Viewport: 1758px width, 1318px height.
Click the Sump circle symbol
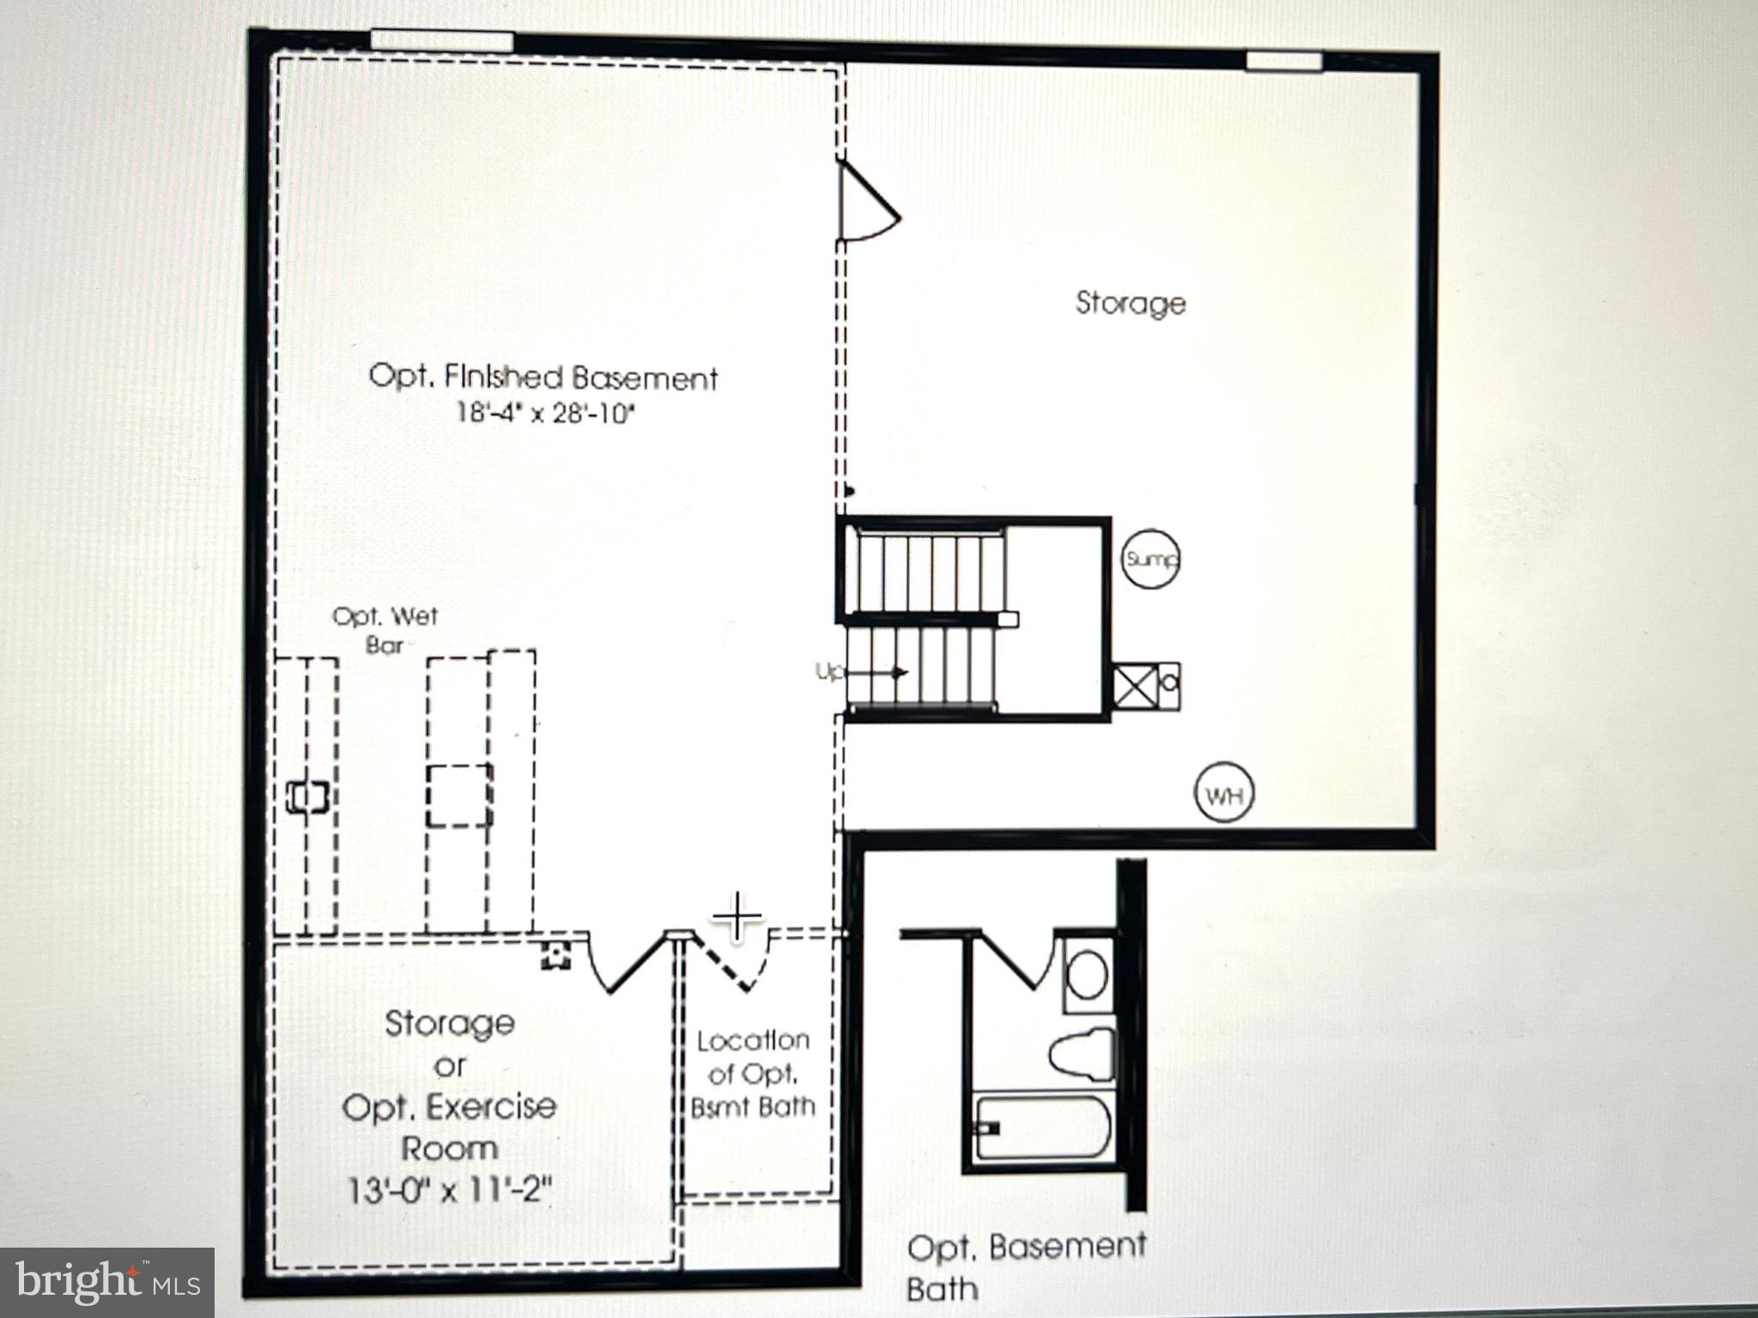pyautogui.click(x=1151, y=559)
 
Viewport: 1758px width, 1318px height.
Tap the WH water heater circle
pyautogui.click(x=1223, y=795)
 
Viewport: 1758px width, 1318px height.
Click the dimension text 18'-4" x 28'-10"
pyautogui.click(x=545, y=414)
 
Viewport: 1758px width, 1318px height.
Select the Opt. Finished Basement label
pyautogui.click(x=543, y=377)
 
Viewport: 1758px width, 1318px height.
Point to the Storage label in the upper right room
pyautogui.click(x=1131, y=303)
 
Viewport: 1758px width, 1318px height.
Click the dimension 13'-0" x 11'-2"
pyautogui.click(x=449, y=1190)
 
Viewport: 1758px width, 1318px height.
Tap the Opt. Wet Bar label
pyautogui.click(x=385, y=630)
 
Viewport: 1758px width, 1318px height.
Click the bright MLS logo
pyautogui.click(x=106, y=1283)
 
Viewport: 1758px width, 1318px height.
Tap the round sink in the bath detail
pyautogui.click(x=1086, y=974)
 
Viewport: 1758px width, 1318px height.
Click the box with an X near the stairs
pyautogui.click(x=1133, y=686)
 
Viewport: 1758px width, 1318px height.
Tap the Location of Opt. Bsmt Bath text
pyautogui.click(x=753, y=1073)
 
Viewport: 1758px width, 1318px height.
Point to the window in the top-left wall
pyautogui.click(x=442, y=41)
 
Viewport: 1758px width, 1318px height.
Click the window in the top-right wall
pyautogui.click(x=1283, y=61)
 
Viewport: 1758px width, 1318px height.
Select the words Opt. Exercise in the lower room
pyautogui.click(x=449, y=1107)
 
